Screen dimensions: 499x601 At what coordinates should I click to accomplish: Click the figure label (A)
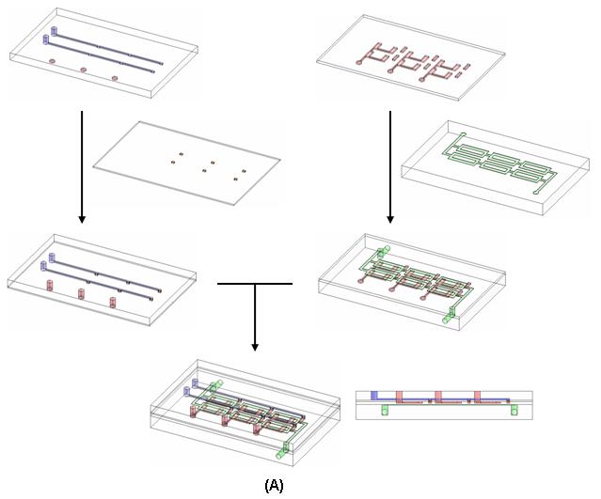pyautogui.click(x=274, y=485)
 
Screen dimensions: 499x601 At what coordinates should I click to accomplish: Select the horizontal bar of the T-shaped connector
pyautogui.click(x=254, y=282)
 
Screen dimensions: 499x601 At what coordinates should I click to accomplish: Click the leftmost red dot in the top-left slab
pyautogui.click(x=52, y=62)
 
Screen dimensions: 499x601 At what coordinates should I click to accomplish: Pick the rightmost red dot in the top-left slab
pyautogui.click(x=115, y=78)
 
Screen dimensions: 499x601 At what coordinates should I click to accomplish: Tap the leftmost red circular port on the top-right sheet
pyautogui.click(x=358, y=62)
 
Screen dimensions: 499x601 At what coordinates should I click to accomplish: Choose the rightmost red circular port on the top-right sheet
pyautogui.click(x=420, y=79)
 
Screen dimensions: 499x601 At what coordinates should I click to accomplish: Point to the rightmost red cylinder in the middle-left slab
pyautogui.click(x=112, y=303)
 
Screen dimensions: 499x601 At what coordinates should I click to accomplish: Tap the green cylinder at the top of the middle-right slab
pyautogui.click(x=383, y=252)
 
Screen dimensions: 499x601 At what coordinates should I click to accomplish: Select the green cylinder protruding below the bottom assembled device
pyautogui.click(x=280, y=451)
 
